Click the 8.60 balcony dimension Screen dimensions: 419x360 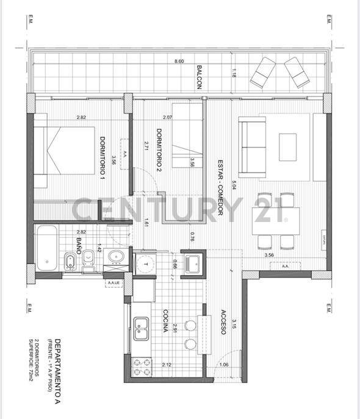tap(179, 62)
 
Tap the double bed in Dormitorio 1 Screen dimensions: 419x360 tap(63, 156)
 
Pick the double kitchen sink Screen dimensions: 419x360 tap(142, 329)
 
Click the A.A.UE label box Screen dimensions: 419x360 tap(113, 283)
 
